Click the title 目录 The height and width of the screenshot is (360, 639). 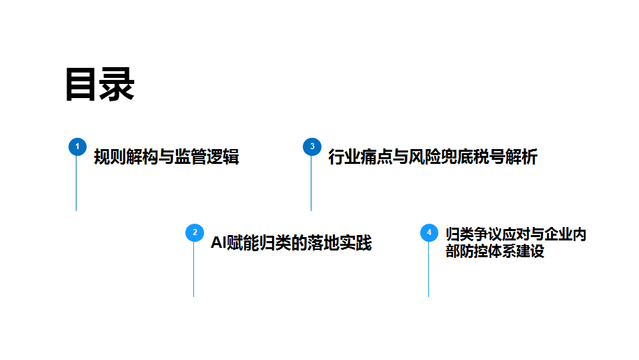(100, 85)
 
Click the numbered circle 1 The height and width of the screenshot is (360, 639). (77, 146)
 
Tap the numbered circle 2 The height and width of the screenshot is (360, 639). (194, 232)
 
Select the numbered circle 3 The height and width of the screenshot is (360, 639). (311, 146)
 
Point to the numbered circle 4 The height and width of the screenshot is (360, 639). (429, 232)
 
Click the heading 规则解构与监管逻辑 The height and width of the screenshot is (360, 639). (166, 157)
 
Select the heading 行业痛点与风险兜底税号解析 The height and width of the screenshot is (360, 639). (432, 157)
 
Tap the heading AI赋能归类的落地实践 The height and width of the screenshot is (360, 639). (291, 242)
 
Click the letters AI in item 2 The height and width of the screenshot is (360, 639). (218, 242)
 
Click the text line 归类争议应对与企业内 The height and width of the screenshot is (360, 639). (515, 234)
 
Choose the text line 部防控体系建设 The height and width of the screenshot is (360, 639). (495, 251)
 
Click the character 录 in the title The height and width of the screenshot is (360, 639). (117, 85)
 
